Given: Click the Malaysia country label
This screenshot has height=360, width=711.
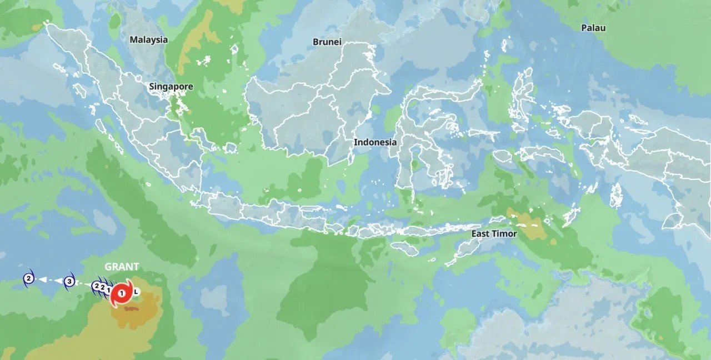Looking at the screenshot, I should click(x=148, y=39).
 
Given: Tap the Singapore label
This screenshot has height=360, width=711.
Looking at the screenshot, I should click(x=171, y=87).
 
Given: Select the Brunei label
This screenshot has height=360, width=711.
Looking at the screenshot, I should click(x=327, y=42).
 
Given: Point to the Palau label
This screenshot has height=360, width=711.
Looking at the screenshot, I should click(x=593, y=28).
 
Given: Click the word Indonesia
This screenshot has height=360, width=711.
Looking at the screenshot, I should click(x=375, y=142).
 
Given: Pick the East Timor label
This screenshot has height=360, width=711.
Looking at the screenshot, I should click(x=494, y=234).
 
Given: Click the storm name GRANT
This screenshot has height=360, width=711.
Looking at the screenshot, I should click(x=122, y=267).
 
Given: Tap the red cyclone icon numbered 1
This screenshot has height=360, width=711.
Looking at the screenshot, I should click(x=122, y=293).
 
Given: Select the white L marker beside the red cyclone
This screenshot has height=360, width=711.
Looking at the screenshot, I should click(x=137, y=291).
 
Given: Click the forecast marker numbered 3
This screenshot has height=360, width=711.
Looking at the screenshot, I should click(x=69, y=281).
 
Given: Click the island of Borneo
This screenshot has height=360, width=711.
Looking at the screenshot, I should click(x=311, y=111).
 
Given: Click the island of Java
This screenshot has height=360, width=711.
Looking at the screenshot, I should click(x=267, y=214).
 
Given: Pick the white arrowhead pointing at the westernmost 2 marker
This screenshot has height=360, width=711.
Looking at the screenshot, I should click(x=42, y=280).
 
